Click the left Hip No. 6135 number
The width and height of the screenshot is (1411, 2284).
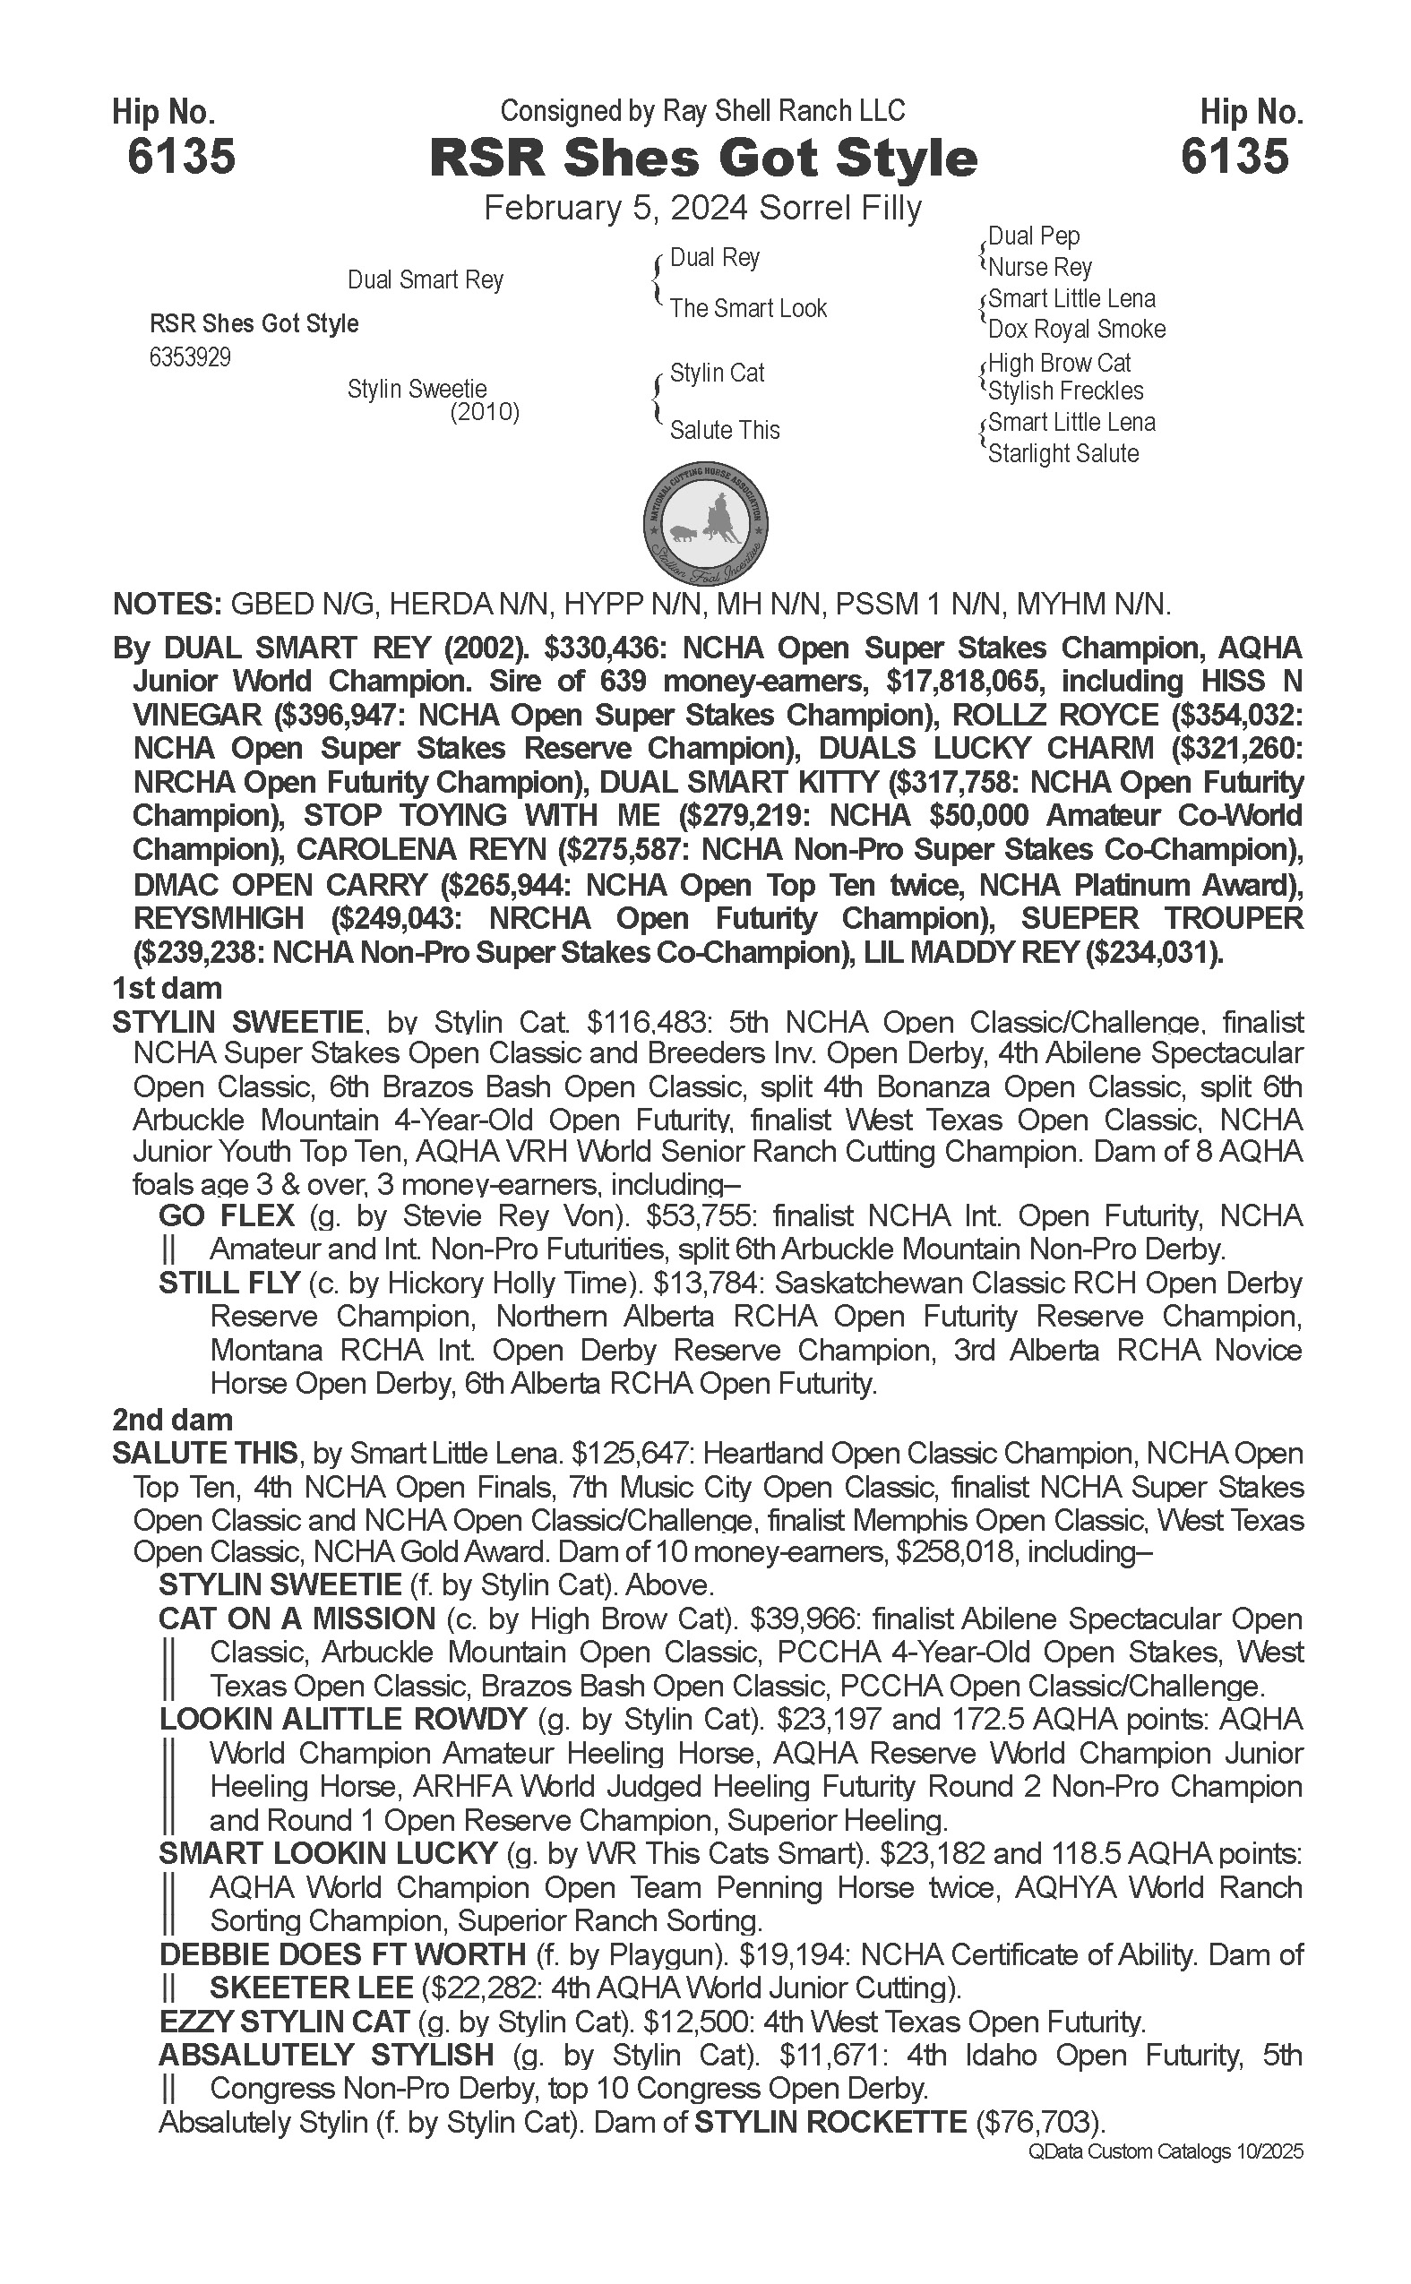[181, 157]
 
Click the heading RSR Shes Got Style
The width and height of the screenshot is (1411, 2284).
[702, 159]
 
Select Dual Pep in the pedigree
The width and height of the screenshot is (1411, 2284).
[1033, 236]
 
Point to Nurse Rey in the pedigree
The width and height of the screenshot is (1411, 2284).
[1039, 268]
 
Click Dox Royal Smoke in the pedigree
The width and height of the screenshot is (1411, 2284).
[1076, 330]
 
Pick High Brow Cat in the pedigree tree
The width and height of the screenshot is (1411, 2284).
[1059, 362]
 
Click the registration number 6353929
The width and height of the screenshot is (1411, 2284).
[190, 358]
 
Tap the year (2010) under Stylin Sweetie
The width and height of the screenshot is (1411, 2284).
[485, 412]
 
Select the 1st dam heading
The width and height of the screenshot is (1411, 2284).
[167, 988]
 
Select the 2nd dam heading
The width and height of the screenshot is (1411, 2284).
[172, 1420]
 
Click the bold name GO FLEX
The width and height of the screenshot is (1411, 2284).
[227, 1215]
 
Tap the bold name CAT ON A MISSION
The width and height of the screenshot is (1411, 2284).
[297, 1619]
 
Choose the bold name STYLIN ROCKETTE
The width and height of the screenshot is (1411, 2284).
[830, 2123]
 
